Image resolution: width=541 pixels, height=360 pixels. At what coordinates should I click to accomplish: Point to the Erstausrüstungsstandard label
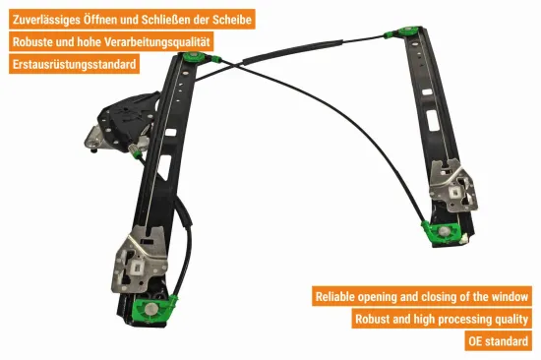[74, 65]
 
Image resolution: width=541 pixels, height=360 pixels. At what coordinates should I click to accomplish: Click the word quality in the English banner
[509, 319]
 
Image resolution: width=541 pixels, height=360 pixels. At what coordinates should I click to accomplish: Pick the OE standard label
[498, 341]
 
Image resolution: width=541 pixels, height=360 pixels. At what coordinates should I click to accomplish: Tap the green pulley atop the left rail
[194, 58]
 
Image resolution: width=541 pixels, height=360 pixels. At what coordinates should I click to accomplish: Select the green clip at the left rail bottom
[157, 309]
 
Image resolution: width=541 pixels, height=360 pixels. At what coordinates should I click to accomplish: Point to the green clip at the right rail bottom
[438, 233]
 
